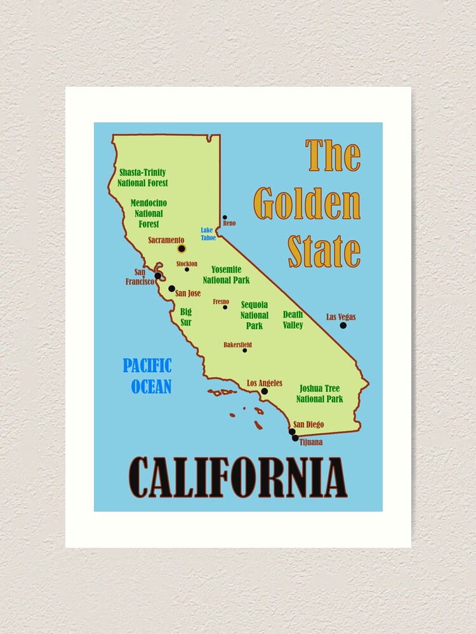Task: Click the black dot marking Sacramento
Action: [x=182, y=249]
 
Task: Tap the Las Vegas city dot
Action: [x=343, y=325]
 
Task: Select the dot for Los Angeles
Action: [x=265, y=391]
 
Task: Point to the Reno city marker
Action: [x=225, y=217]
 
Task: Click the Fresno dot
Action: [x=225, y=307]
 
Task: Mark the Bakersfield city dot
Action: [x=244, y=350]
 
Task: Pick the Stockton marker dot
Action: [x=187, y=269]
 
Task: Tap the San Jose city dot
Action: [x=171, y=288]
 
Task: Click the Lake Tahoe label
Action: [x=208, y=234]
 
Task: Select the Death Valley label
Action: [x=293, y=320]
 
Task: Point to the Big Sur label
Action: [x=185, y=317]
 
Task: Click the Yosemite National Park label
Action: [x=226, y=275]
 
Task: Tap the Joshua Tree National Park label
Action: [x=320, y=394]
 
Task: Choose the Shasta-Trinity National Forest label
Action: [x=143, y=178]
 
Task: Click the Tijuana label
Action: [x=311, y=442]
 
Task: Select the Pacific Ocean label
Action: [x=148, y=375]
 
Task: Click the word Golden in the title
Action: [x=307, y=204]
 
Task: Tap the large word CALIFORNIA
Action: [x=238, y=477]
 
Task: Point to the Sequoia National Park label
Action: [x=254, y=315]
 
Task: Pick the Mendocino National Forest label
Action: [x=147, y=214]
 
